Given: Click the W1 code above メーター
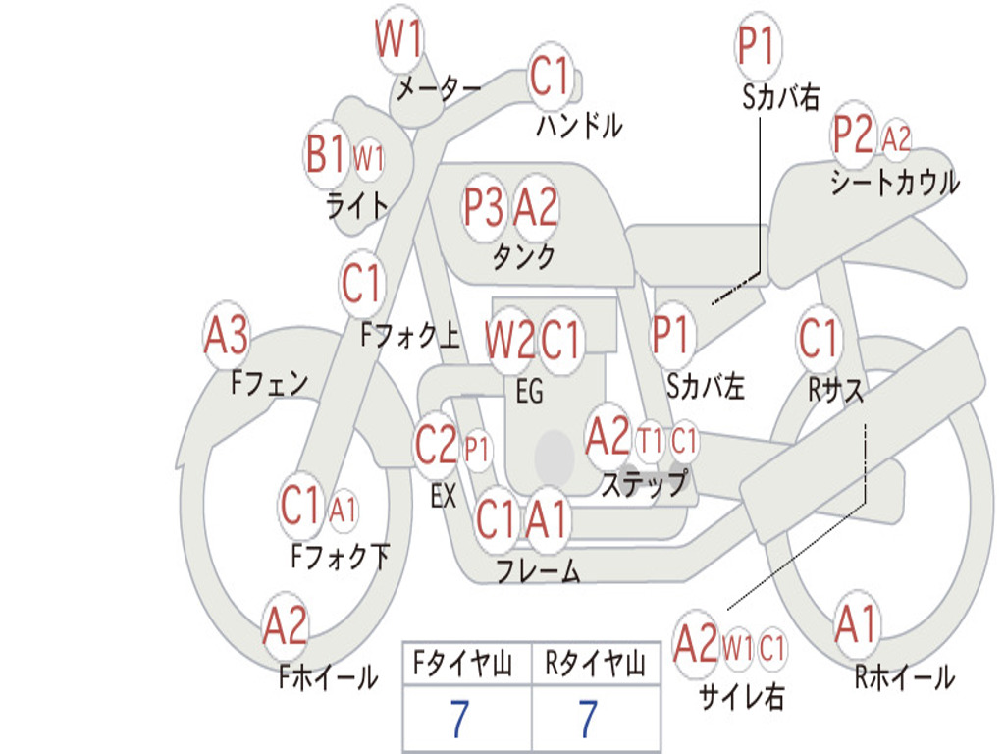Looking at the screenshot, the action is coord(398,38).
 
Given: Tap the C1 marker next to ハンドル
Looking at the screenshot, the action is coord(550,76).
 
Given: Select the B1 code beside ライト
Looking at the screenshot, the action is coord(325,154).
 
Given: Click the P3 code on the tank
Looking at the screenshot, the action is coord(483,207).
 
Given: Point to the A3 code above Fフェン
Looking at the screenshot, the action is coord(226,335).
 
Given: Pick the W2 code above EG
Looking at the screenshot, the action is coord(509,339).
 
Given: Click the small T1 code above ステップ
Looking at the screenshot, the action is coord(649,442).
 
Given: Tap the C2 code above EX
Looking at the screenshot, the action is coord(436,445).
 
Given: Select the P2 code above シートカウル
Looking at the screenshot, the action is coord(853,135).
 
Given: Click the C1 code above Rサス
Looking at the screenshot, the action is coord(818,338).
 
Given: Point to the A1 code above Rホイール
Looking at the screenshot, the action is coord(856,623).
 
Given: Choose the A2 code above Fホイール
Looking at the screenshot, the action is coord(286,625).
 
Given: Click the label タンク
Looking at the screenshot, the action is coord(523,256).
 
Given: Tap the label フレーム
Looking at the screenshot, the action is coord(539,570).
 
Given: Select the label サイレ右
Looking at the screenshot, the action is coord(742,696).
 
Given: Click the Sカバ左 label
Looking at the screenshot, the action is coord(705,386).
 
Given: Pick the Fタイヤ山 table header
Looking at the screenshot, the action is coord(463,664).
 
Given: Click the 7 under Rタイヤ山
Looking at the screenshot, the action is coord(589,718).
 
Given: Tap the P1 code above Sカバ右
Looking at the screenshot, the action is coord(758,45).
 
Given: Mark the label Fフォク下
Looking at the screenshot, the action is coord(341,556).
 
